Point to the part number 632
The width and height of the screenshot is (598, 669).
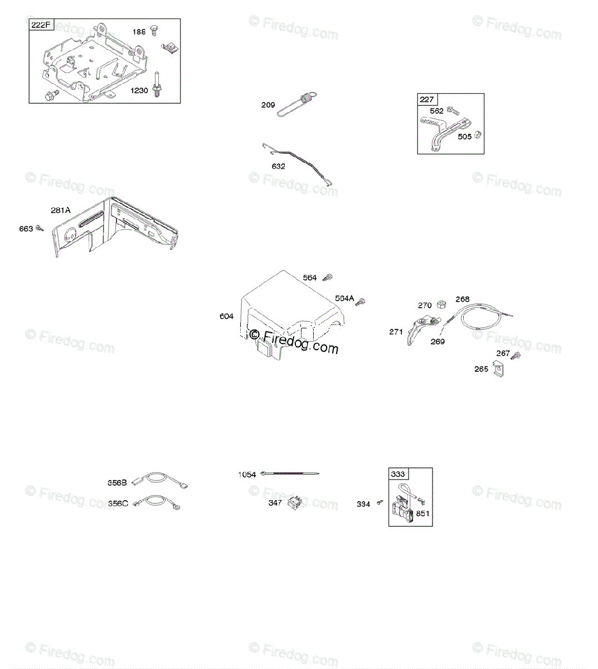pyautogui.click(x=278, y=166)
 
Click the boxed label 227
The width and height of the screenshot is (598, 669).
pyautogui.click(x=427, y=100)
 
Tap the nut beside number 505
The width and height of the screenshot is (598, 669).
pyautogui.click(x=478, y=135)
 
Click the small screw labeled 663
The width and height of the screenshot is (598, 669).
pyautogui.click(x=40, y=228)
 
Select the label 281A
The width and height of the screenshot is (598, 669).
pyautogui.click(x=60, y=210)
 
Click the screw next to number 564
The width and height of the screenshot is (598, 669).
pyautogui.click(x=328, y=277)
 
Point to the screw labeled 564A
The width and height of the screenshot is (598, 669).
pyautogui.click(x=361, y=301)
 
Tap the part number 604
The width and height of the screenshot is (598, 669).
pyautogui.click(x=226, y=316)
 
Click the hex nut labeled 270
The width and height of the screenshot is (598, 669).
pyautogui.click(x=440, y=304)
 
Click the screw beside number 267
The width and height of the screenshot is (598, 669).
pyautogui.click(x=517, y=355)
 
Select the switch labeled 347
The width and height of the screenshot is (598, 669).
pyautogui.click(x=294, y=503)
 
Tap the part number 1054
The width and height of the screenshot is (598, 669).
pyautogui.click(x=247, y=474)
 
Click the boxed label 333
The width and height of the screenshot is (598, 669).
pyautogui.click(x=398, y=474)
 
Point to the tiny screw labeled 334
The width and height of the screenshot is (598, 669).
pyautogui.click(x=381, y=503)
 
